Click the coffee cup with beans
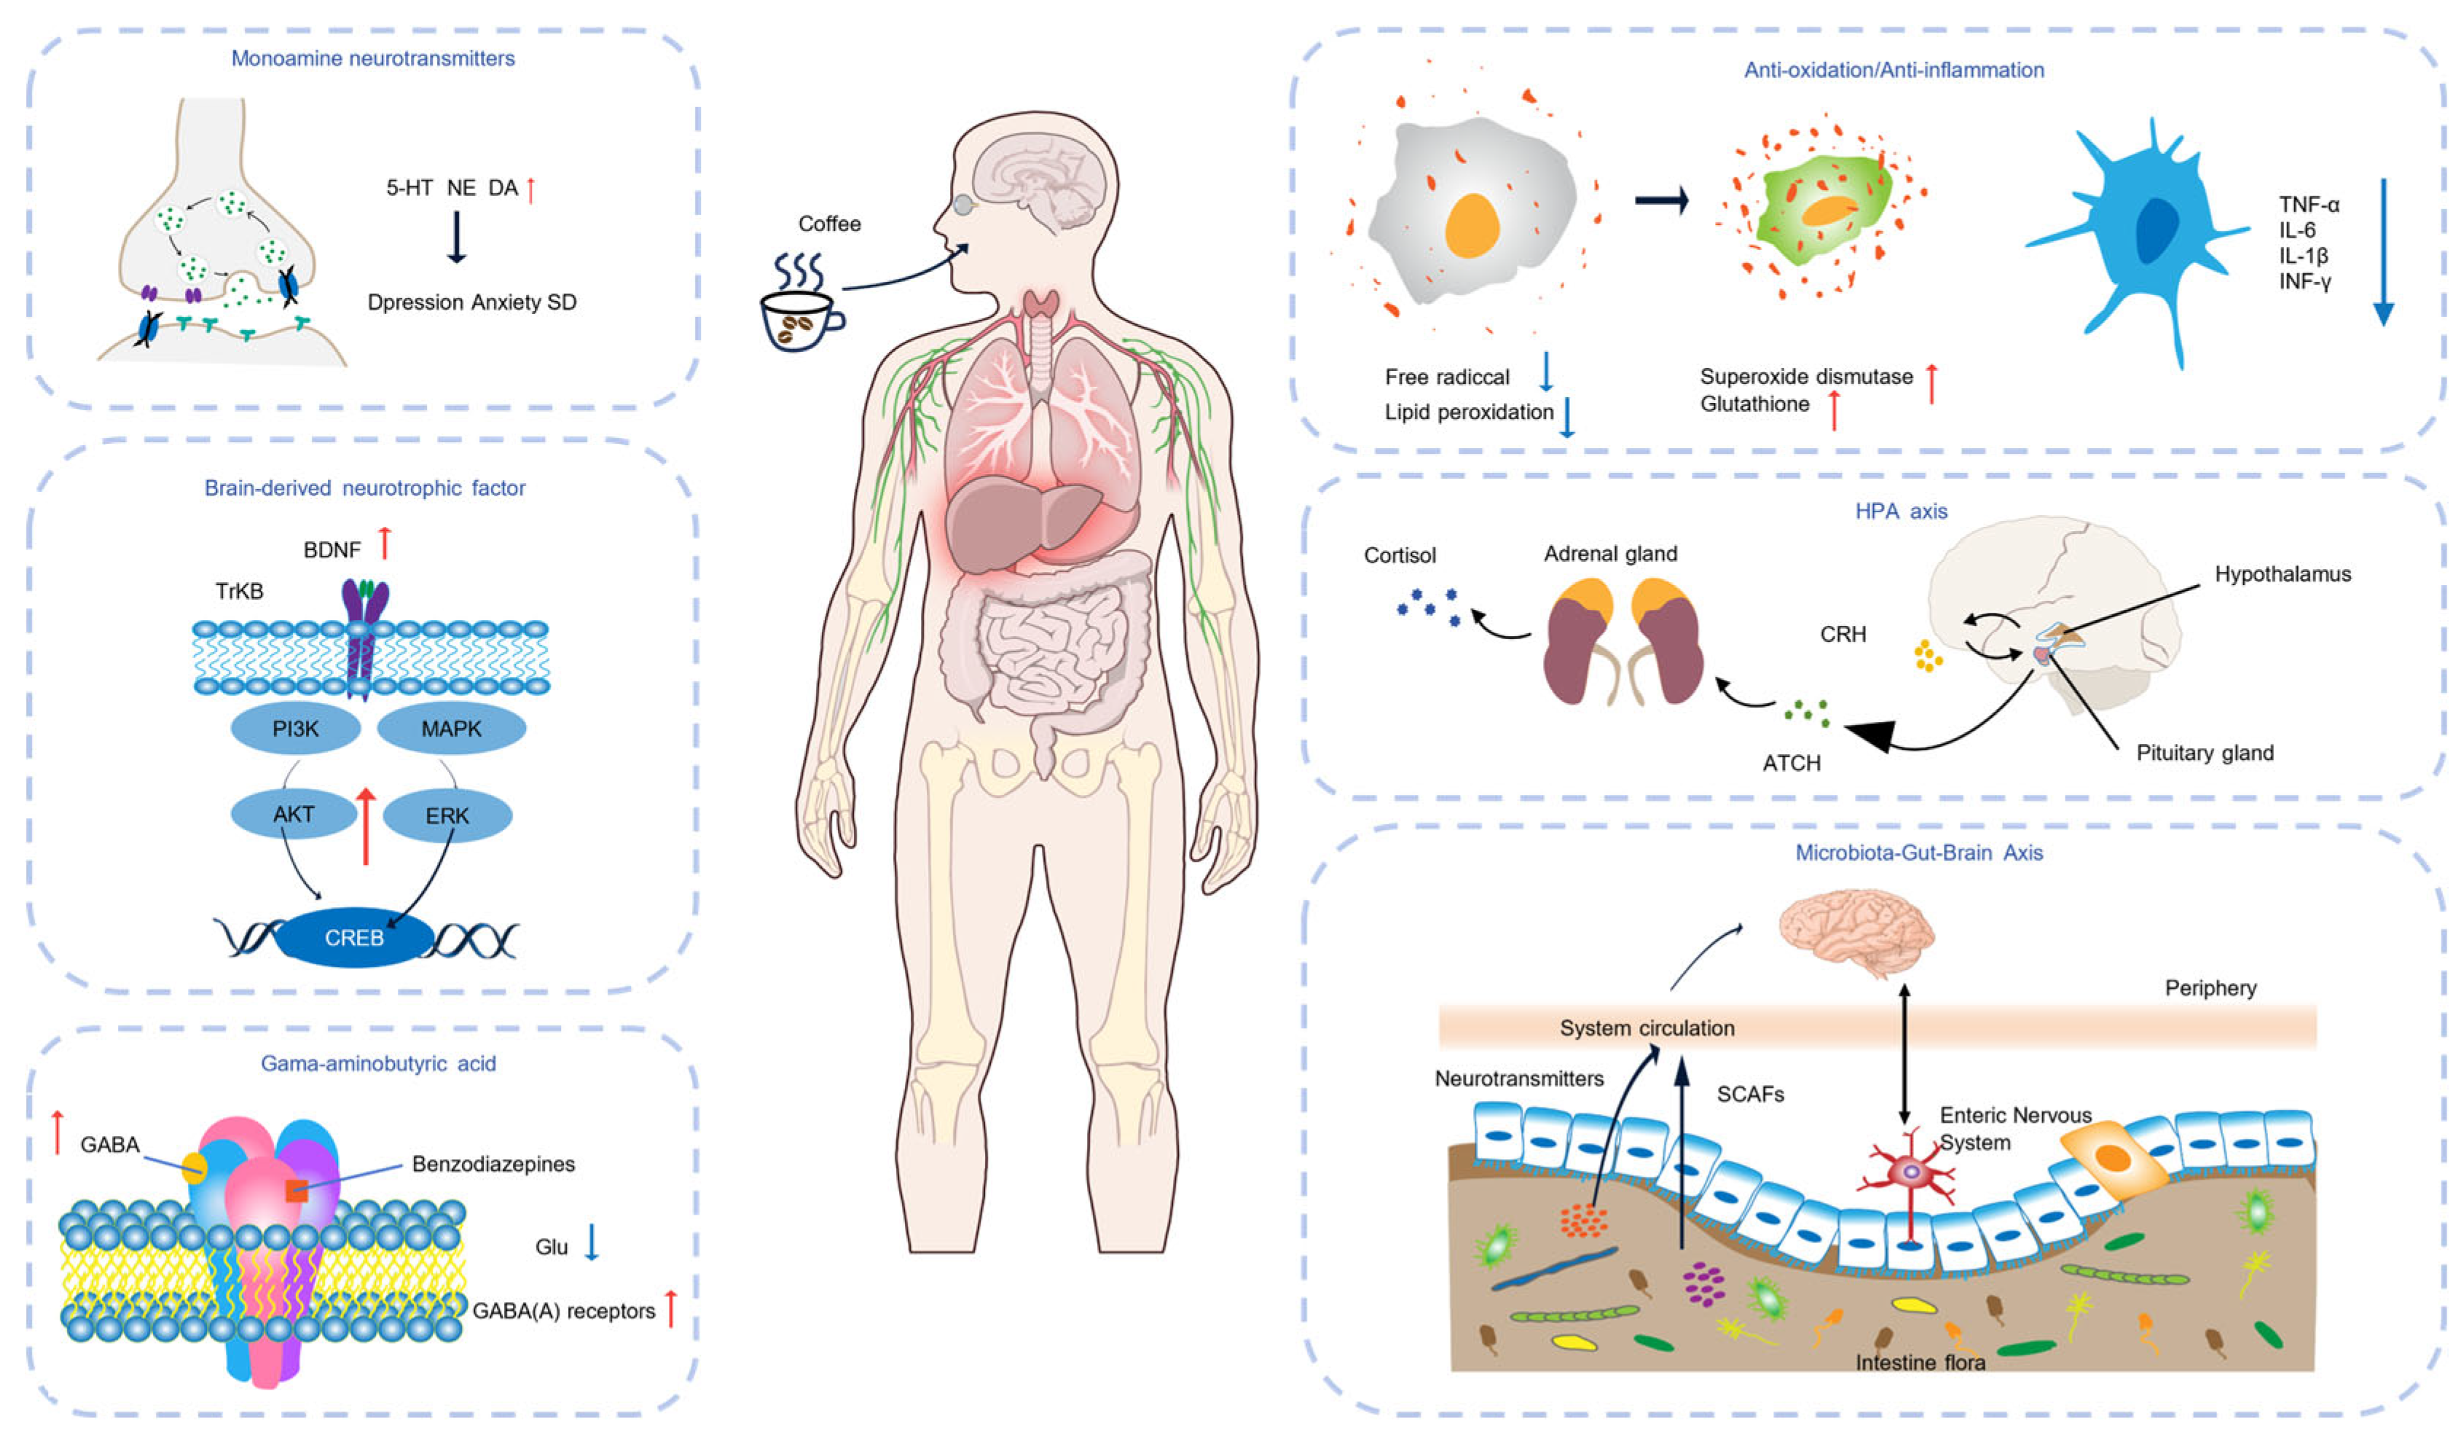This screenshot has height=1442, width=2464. pos(798,317)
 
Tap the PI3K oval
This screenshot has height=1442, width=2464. pos(295,729)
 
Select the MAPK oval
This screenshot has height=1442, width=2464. pos(451,729)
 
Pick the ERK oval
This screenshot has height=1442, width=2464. pos(447,815)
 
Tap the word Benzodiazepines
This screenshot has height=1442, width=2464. pos(493,1164)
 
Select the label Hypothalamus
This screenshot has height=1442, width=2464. pos(2282,574)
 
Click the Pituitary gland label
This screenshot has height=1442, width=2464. pos(2204,753)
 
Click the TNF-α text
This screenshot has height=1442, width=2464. pos(2309,204)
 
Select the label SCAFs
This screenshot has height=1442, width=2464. pos(1750,1094)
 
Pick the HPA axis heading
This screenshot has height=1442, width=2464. pos(1901,512)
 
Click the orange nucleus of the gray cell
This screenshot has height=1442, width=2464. pos(1472,225)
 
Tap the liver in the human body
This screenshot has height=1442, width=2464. pos(1017,523)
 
